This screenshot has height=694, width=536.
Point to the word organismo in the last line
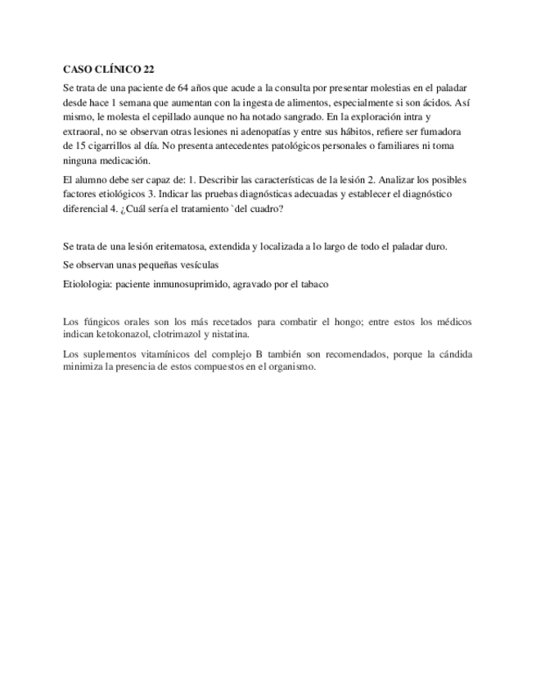290,367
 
